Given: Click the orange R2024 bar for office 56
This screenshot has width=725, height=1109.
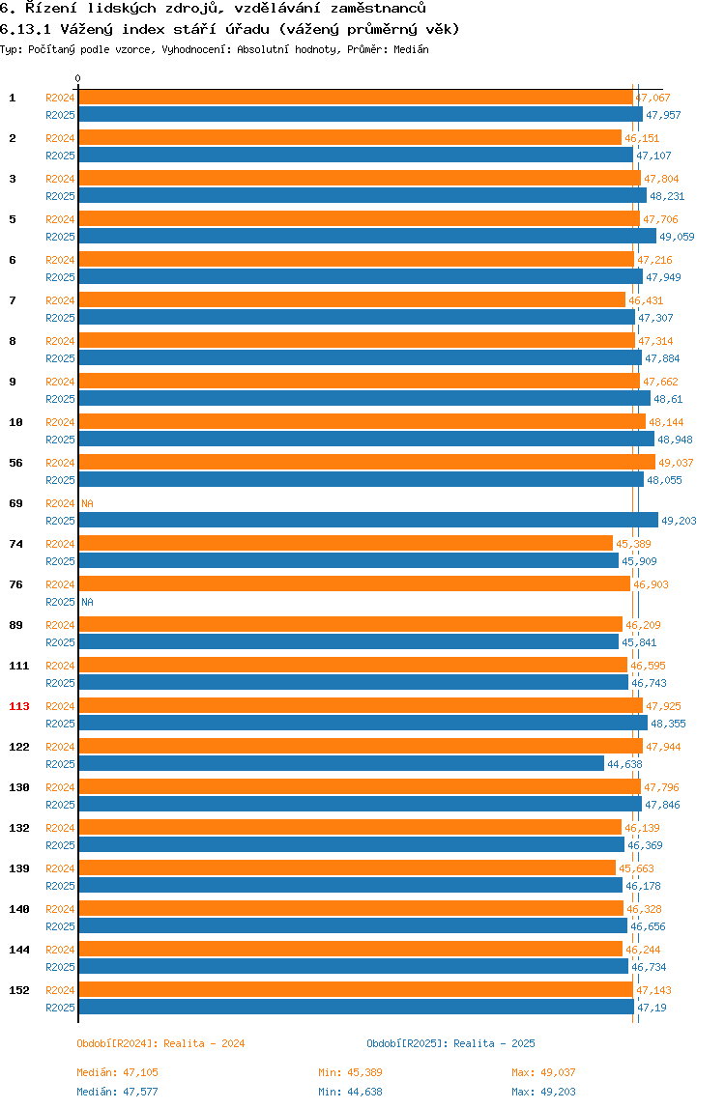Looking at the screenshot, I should (x=366, y=463).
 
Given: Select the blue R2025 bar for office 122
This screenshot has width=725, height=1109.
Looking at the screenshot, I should (x=341, y=764).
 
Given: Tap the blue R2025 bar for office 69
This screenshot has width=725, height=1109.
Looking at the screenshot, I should (x=368, y=521).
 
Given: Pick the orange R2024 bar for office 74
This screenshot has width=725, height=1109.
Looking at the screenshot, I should (x=345, y=544).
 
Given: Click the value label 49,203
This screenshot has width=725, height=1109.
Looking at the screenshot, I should (x=679, y=521).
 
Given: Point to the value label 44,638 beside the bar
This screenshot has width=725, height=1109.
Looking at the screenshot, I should (x=624, y=764).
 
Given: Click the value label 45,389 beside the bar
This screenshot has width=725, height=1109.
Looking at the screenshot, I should (x=632, y=544).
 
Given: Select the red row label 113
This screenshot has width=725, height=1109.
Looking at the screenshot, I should (x=19, y=706).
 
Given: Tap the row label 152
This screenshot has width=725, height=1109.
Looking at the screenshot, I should (x=19, y=990).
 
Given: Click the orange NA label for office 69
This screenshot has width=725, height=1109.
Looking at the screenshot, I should (x=87, y=503).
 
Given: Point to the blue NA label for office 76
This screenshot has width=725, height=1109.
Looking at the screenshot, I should (x=87, y=602).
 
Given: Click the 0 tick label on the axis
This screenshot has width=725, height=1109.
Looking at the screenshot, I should (x=78, y=79).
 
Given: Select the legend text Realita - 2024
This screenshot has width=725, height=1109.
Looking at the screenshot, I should (x=204, y=1043).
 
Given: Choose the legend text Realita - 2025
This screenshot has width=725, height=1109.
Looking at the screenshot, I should (x=494, y=1043).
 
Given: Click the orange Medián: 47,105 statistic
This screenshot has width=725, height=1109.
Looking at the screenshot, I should (x=117, y=1072).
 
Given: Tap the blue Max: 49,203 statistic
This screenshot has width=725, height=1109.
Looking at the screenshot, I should (x=543, y=1092).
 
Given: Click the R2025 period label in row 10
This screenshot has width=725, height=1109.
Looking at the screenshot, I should (x=61, y=440).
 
